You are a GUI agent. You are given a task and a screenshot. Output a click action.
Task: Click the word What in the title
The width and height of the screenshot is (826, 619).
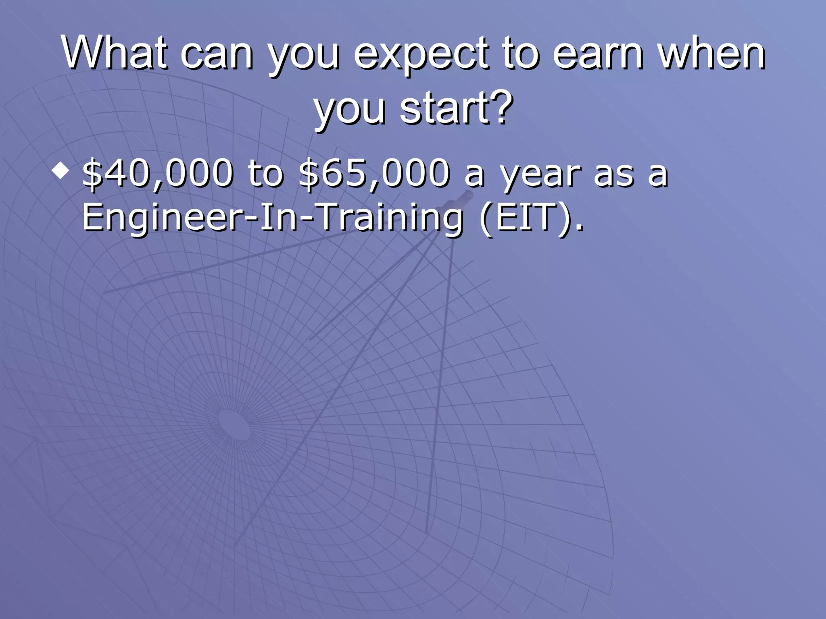114,52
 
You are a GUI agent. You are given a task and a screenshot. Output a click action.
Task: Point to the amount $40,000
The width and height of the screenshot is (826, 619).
157,173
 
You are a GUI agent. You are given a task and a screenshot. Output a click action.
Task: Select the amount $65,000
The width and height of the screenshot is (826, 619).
374,173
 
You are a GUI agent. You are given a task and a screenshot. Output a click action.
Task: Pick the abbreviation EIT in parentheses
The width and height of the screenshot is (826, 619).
528,218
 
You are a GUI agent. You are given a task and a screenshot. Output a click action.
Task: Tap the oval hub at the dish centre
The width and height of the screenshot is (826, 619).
234,425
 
